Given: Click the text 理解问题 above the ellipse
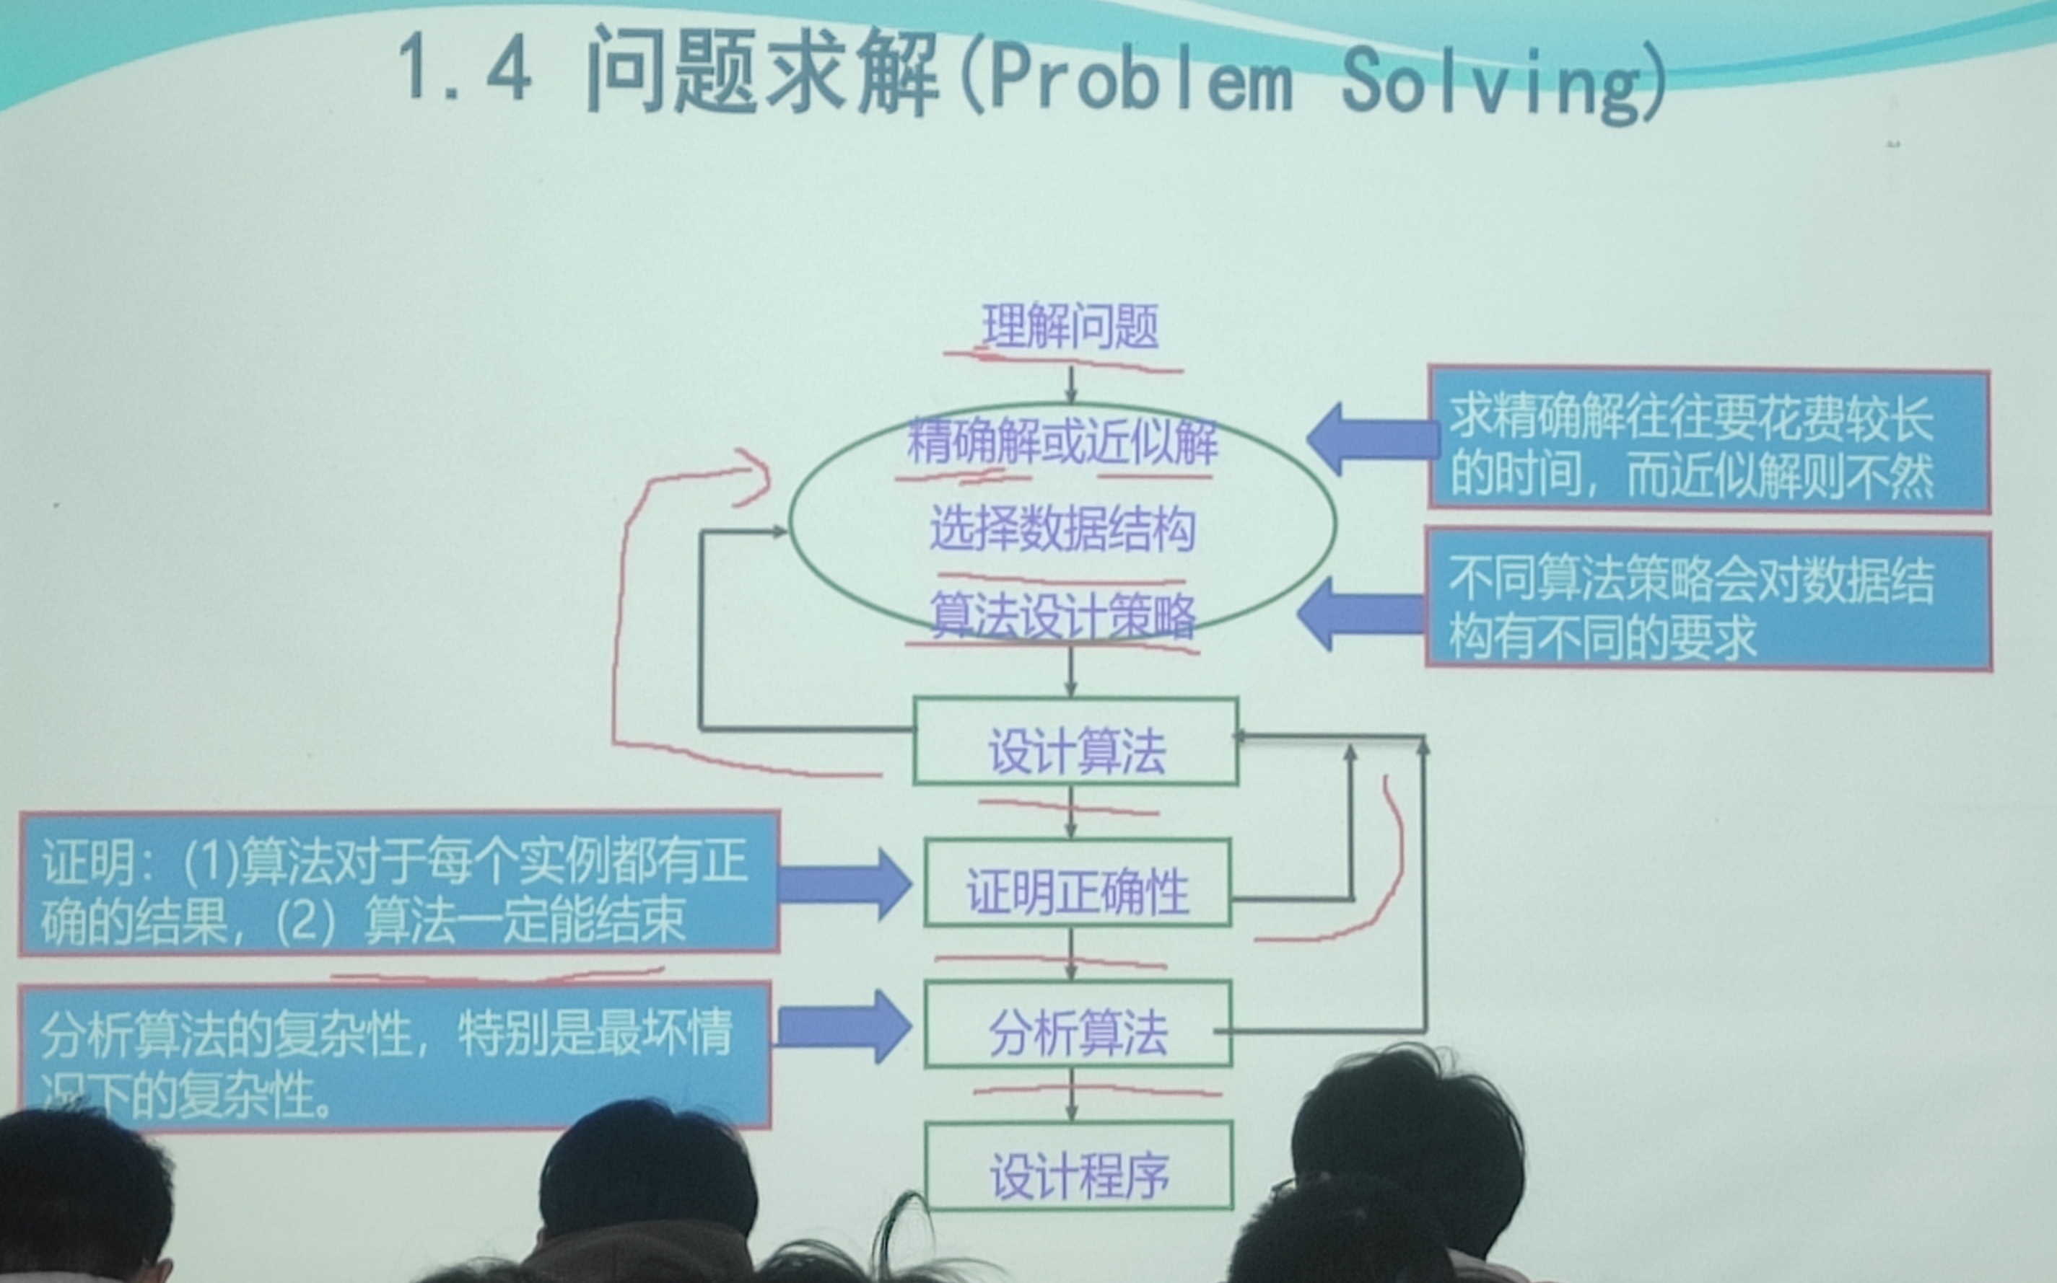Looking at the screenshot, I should click(1070, 327).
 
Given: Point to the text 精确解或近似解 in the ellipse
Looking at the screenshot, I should click(1062, 442).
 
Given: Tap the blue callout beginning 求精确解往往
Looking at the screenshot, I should click(1708, 439).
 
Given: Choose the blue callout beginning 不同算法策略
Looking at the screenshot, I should click(1708, 599).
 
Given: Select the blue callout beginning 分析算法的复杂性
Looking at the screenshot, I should click(395, 1057).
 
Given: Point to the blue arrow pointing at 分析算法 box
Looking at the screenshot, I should click(843, 1027).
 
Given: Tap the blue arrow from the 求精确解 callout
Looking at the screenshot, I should click(1371, 439).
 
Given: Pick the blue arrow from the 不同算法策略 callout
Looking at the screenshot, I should click(1361, 614).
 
